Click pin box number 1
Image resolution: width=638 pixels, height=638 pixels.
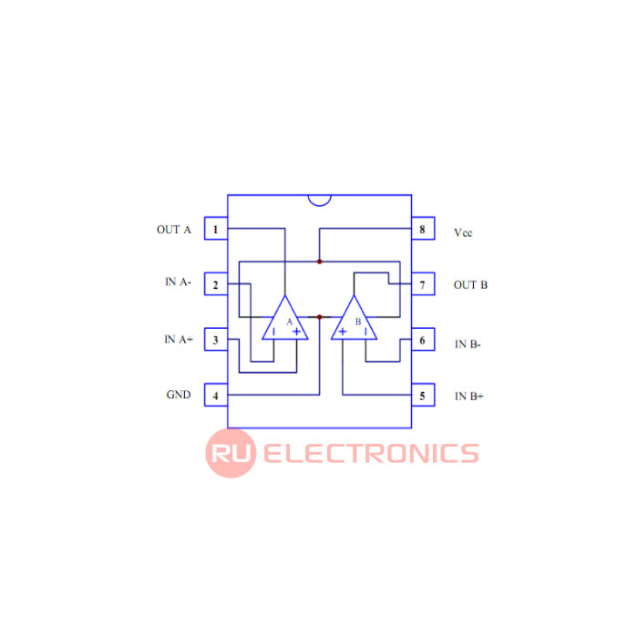(216, 228)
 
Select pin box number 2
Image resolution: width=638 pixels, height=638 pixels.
(216, 284)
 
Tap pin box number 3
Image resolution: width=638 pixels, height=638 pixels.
(216, 339)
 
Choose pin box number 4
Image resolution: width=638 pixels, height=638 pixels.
(216, 395)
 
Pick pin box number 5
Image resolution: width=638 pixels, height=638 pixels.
(423, 395)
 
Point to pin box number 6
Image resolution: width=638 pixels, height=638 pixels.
(423, 339)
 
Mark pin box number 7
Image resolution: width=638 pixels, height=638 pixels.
(423, 284)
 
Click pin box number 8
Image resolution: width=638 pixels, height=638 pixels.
(423, 228)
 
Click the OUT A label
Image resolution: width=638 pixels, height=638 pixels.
(174, 230)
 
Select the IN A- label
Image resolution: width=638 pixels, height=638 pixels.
(179, 282)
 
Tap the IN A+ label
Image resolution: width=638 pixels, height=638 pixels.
(179, 339)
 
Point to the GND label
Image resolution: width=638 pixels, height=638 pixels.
(179, 395)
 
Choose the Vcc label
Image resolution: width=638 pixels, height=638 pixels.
(463, 232)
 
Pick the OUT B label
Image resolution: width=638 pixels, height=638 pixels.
(470, 284)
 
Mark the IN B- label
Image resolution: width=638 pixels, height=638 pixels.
(468, 345)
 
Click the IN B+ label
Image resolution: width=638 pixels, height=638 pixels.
(469, 396)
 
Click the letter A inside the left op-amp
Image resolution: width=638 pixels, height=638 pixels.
(289, 322)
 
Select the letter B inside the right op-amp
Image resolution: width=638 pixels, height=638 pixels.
(358, 322)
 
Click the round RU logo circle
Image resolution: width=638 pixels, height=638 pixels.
(231, 453)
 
